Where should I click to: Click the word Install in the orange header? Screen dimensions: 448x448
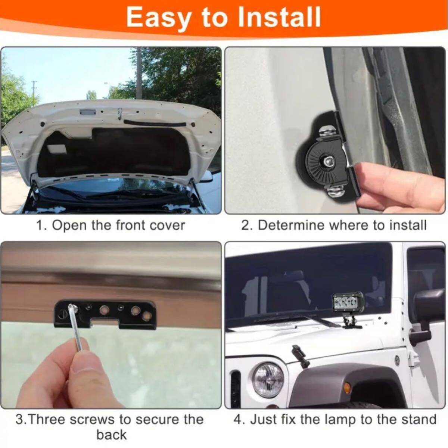point(280,17)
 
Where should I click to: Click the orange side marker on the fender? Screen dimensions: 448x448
point(347,388)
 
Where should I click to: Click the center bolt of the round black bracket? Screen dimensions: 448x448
point(328,161)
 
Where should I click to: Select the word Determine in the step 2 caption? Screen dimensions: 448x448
point(290,225)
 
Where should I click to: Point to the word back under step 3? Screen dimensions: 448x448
point(112,434)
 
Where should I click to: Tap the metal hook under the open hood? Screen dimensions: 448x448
point(120,114)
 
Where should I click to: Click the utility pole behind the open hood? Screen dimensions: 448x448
point(139,73)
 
